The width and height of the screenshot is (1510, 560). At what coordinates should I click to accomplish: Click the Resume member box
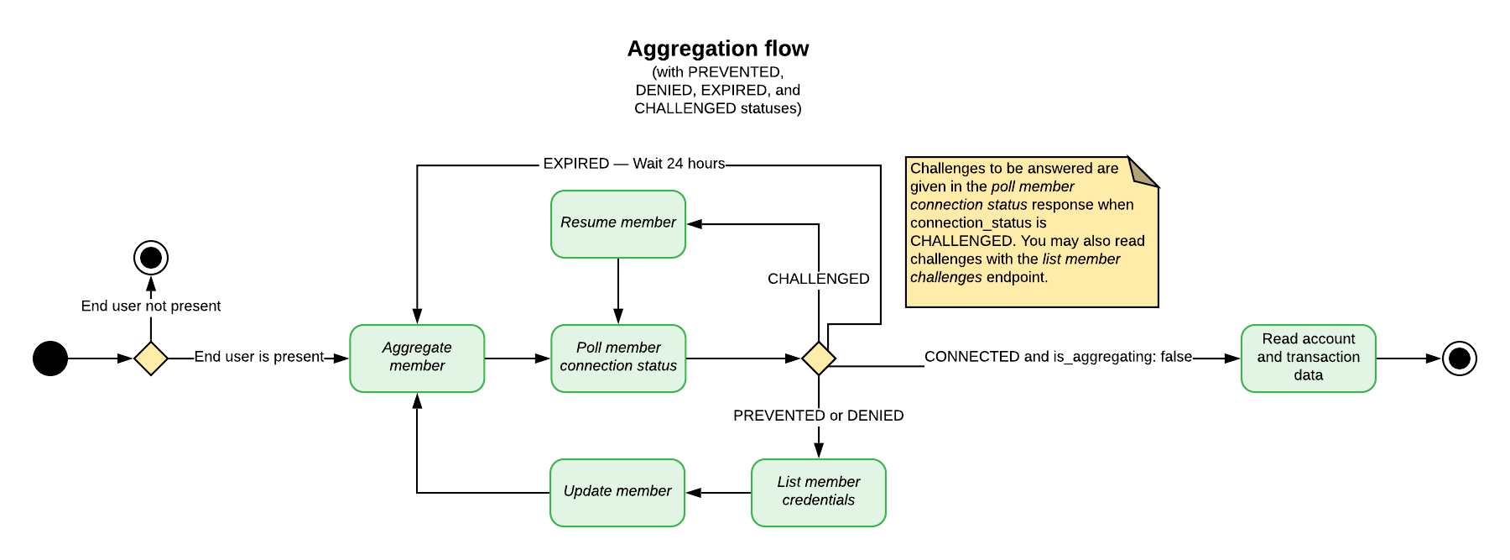pos(618,224)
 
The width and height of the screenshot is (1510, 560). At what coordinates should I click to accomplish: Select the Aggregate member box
pos(417,359)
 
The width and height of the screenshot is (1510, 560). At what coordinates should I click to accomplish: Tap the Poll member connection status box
pos(618,359)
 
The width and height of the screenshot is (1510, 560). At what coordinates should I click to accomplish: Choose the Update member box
pos(617,493)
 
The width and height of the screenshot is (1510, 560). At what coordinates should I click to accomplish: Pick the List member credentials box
pos(819,493)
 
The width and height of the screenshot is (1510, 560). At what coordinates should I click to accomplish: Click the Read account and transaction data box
pos(1309,359)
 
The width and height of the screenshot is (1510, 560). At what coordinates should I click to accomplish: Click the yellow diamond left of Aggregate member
pos(151,359)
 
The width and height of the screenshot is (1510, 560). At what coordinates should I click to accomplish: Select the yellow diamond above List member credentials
pos(819,359)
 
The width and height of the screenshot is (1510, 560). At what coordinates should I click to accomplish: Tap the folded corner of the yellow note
pos(1141,171)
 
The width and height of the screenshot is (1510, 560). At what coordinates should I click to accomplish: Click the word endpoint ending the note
pos(1016,278)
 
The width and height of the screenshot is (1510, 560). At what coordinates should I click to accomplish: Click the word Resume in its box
pos(587,222)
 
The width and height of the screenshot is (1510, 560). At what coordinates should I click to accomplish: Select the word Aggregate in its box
pos(417,348)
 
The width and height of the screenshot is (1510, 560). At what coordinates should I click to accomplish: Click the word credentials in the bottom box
pos(819,500)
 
